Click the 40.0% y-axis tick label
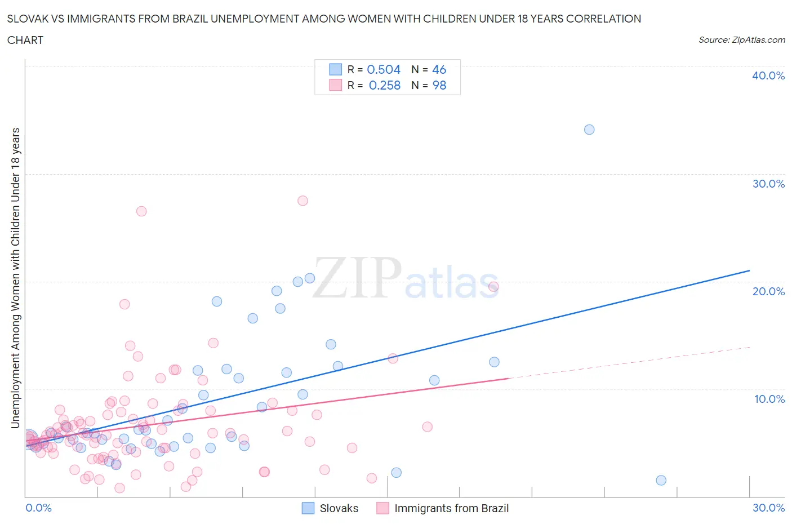coord(768,76)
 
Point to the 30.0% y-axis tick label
coord(768,184)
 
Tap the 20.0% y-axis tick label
coord(768,291)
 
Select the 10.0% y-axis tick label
coord(769,399)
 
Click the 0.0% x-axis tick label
coord(38,508)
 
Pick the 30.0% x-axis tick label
coord(768,508)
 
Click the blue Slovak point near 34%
coord(589,130)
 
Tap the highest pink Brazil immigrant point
coord(302,201)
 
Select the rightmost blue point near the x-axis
coord(661,481)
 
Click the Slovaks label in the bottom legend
coord(339,508)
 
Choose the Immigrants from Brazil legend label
coord(451,508)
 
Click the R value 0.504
coord(384,69)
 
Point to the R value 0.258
coord(385,85)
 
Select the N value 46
coord(439,69)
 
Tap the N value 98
coord(439,85)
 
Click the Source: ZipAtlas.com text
coord(742,40)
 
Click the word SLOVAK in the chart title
coord(27,19)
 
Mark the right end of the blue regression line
coord(750,270)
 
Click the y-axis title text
coord(16,278)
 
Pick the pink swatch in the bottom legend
coord(383,508)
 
